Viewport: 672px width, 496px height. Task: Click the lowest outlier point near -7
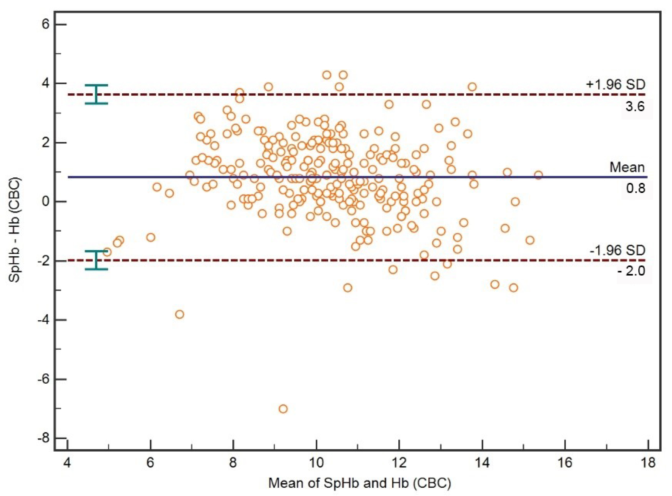click(283, 409)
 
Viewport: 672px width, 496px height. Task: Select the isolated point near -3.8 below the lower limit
click(180, 314)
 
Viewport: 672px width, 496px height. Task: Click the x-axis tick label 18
click(648, 463)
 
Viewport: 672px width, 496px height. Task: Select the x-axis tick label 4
click(67, 463)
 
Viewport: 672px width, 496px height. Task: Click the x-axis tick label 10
click(316, 463)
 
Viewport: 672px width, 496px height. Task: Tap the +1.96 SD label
click(615, 85)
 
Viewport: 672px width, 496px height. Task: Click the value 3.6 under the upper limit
click(635, 107)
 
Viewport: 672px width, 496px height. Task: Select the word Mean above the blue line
click(627, 167)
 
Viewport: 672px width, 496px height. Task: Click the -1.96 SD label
click(617, 250)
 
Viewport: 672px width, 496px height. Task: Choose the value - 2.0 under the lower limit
click(632, 271)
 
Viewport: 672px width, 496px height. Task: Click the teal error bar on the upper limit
click(96, 94)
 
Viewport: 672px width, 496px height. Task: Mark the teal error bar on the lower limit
click(96, 260)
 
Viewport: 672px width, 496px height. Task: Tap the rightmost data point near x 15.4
click(538, 175)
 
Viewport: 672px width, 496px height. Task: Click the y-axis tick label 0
click(46, 202)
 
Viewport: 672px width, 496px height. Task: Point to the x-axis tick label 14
click(482, 463)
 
